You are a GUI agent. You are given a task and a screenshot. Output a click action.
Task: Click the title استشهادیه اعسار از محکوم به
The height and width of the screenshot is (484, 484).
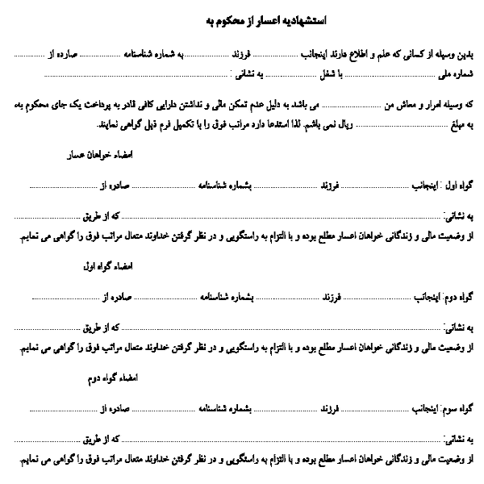pyautogui.click(x=242, y=18)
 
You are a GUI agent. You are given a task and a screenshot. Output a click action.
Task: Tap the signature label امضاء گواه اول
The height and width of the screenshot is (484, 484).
pyautogui.click(x=107, y=265)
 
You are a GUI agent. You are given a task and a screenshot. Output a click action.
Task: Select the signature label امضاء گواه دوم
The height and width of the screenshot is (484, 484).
pyautogui.click(x=110, y=376)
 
